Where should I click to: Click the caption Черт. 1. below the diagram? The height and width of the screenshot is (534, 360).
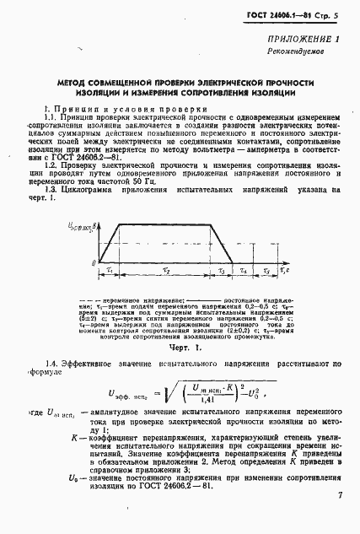coord(180,348)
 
